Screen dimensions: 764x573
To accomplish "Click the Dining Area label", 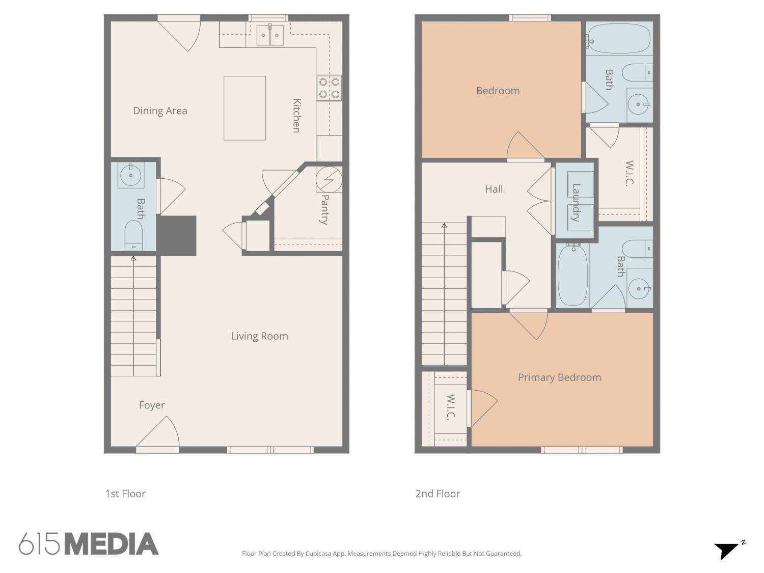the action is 160,111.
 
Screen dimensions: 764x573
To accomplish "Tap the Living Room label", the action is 260,336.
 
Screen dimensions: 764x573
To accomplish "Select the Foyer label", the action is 152,405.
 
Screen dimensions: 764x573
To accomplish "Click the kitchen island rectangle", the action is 244,108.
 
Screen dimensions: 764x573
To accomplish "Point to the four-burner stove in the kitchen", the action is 329,88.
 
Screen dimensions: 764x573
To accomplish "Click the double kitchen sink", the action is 270,35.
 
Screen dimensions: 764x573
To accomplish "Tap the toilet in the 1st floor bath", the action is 133,235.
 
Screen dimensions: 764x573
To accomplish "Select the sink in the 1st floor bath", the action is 131,175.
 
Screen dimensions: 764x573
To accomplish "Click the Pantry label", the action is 324,209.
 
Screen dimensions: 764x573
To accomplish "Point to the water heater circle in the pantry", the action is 329,179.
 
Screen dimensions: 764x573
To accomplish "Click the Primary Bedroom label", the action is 559,377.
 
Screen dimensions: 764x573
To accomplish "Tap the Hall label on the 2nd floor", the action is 494,189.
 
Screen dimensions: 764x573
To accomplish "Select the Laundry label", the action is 576,203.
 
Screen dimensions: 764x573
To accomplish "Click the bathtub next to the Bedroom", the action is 618,38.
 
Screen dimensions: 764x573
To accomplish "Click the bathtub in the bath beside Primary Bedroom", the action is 572,276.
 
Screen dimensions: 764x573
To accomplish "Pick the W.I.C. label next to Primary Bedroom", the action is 451,407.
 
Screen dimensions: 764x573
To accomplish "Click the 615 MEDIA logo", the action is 89,543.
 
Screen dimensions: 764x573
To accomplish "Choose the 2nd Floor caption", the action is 438,494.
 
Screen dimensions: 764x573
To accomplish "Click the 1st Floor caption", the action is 125,494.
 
